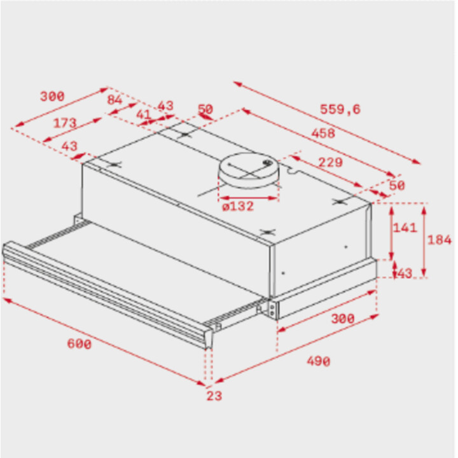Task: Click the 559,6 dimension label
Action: click(x=340, y=109)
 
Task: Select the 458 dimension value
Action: click(x=323, y=133)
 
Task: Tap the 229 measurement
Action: click(x=330, y=162)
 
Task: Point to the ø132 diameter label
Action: click(x=238, y=206)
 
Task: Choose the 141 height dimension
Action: click(x=405, y=228)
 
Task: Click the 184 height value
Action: click(x=440, y=240)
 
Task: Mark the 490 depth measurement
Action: click(x=319, y=361)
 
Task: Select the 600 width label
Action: click(x=79, y=343)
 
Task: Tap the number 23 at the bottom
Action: click(x=214, y=396)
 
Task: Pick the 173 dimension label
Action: click(x=65, y=123)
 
